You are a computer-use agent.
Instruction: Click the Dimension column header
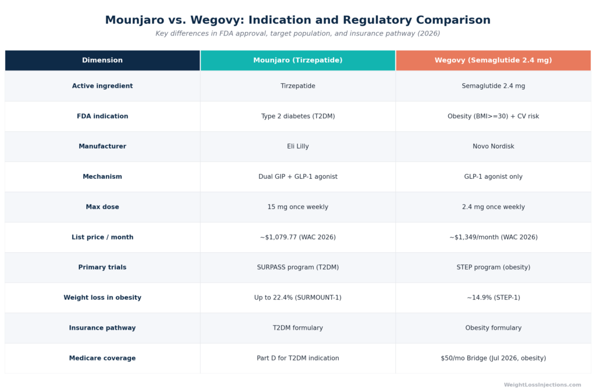102,60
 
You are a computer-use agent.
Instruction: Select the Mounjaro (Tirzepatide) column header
297,60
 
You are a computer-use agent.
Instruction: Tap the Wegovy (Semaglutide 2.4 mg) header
494,60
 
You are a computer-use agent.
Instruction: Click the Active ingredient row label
102,86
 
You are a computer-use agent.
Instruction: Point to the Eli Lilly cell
297,146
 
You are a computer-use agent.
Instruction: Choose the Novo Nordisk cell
494,146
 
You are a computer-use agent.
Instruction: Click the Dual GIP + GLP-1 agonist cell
297,176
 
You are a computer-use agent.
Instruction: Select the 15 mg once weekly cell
297,207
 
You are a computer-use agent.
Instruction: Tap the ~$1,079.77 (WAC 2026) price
297,237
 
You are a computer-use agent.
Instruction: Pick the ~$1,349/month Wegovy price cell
494,237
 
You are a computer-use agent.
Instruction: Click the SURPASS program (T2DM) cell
297,267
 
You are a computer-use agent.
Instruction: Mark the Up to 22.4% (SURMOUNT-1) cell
297,298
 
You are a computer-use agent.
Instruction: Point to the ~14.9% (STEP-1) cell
494,298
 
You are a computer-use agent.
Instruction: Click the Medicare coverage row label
102,358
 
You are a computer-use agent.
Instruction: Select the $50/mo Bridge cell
494,358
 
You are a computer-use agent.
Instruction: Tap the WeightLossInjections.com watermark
542,385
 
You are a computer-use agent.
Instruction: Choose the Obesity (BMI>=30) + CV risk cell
494,116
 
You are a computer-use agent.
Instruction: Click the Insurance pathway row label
102,328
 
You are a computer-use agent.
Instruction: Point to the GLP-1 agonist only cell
494,176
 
